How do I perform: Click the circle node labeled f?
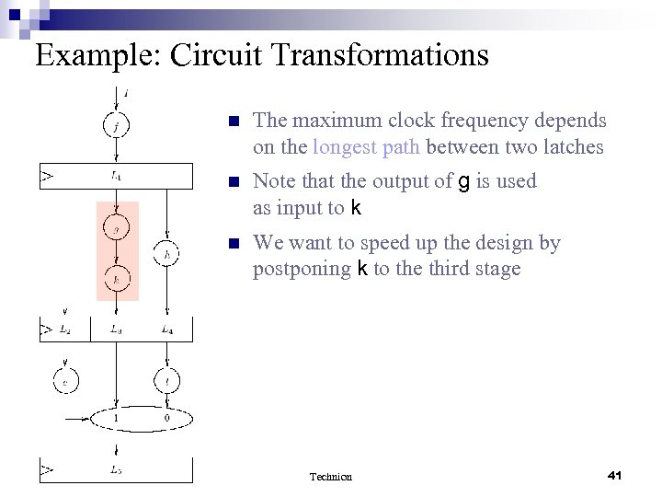pos(117,125)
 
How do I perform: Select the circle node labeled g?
pos(117,227)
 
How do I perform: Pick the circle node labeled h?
pos(166,253)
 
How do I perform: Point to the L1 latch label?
pos(117,174)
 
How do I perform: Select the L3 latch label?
pos(117,329)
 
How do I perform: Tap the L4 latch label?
pos(166,329)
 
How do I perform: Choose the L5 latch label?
pos(117,469)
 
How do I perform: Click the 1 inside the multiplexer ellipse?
pos(117,419)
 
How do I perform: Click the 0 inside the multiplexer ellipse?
pos(165,419)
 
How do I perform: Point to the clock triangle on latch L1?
pos(46,174)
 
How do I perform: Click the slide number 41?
pos(615,475)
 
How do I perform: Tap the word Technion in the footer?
pos(330,476)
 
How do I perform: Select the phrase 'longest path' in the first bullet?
pos(366,146)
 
